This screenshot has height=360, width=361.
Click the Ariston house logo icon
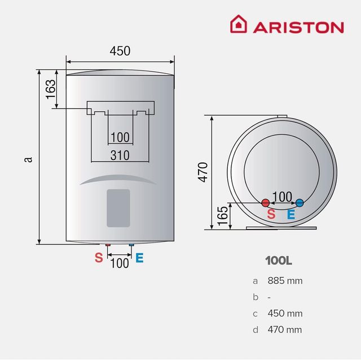(239, 25)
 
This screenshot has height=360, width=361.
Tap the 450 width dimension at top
(120, 51)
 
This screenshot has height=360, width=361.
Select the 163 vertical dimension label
(51, 89)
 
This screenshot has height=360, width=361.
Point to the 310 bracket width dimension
(120, 155)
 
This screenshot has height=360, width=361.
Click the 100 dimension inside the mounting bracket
(120, 137)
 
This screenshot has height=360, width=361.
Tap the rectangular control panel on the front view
(118, 207)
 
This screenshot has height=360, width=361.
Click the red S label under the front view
(99, 258)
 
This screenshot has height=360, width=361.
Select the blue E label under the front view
(139, 258)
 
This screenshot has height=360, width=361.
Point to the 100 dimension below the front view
(119, 263)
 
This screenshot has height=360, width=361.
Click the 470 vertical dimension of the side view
(204, 172)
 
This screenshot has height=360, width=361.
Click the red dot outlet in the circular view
(266, 203)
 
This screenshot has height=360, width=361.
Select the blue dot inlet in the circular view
(300, 203)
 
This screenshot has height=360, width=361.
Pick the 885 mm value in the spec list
(287, 280)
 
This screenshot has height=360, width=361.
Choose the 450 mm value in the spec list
(287, 313)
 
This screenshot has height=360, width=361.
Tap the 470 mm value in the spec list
(287, 330)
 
